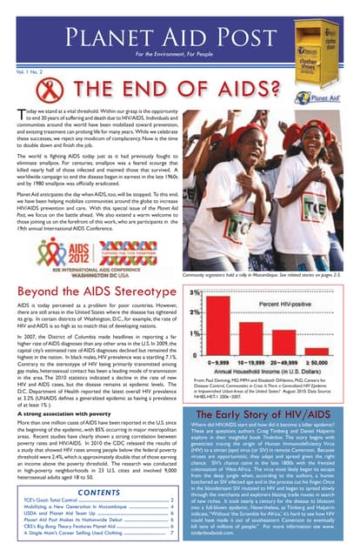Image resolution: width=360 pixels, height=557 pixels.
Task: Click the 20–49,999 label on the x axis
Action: (288, 356)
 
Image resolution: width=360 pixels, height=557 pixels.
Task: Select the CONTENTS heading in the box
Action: (97, 491)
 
